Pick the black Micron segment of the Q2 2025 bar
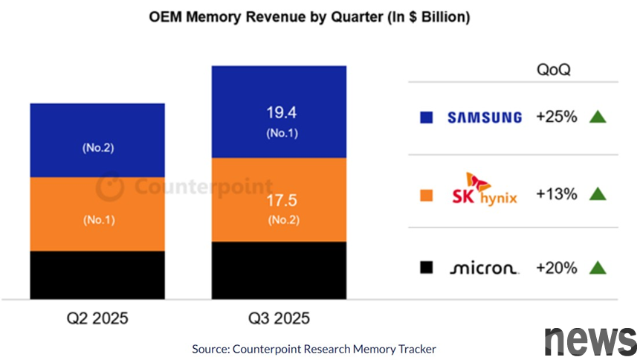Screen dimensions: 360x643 [x=97, y=274]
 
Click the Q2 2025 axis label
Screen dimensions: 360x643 [x=97, y=318]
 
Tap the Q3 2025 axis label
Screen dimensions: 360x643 [x=279, y=318]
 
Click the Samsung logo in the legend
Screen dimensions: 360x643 [x=484, y=118]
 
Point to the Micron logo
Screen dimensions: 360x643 [x=484, y=269]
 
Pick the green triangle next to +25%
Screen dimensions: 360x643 [x=598, y=117]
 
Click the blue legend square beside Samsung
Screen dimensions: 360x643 [x=427, y=118]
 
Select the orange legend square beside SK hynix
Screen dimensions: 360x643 [x=427, y=195]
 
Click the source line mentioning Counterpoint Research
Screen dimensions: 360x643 [x=314, y=348]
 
